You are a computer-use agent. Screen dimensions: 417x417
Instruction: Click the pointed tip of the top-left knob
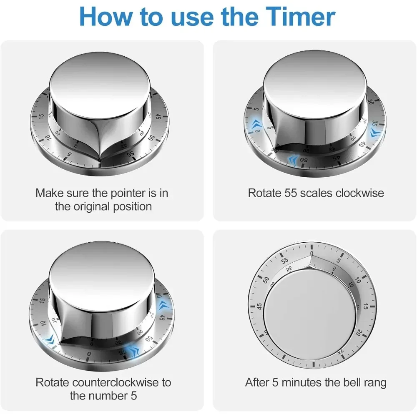coord(100,162)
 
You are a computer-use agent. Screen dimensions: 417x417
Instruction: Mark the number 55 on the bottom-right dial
coord(285,261)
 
